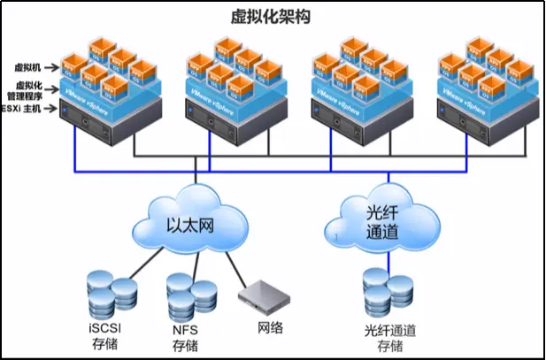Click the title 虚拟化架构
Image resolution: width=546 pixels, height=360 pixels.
[x=273, y=17]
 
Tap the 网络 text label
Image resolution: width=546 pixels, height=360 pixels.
[x=270, y=328]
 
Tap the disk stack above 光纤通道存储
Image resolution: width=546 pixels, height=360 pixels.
[x=387, y=292]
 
